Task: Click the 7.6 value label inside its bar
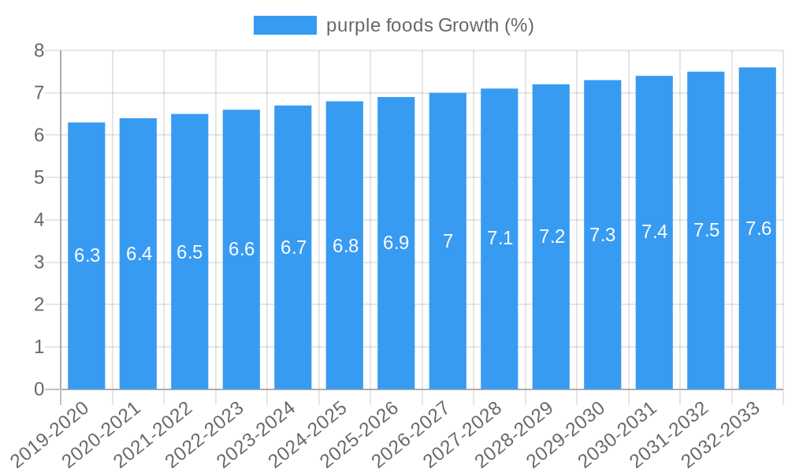point(758,229)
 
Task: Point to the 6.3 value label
point(87,255)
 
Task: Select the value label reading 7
point(448,241)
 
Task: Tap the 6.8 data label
point(345,246)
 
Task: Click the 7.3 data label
point(603,235)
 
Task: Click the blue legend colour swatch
point(284,25)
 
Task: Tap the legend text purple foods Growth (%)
point(430,25)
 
